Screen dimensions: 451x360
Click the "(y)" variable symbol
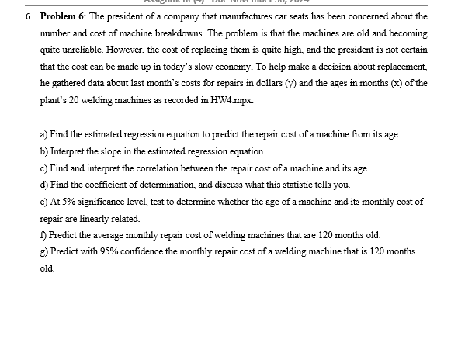click(x=295, y=85)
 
